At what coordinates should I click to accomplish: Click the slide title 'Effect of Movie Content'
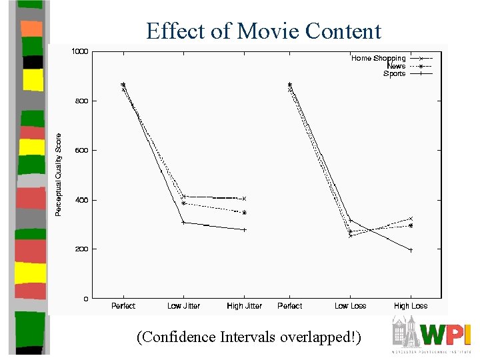[263, 31]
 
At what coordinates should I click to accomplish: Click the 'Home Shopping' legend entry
[378, 59]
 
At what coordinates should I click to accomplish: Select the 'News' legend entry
[396, 66]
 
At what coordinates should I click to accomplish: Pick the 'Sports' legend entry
[394, 73]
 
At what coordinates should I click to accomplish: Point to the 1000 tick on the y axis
[80, 51]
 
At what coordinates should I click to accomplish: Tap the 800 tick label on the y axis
[81, 101]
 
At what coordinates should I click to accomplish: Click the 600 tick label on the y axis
[81, 150]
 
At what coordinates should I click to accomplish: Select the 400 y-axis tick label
[81, 200]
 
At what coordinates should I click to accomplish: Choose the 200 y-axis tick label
[81, 249]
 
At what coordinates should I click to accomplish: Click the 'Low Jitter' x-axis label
[183, 306]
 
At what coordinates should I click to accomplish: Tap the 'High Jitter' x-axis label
[244, 306]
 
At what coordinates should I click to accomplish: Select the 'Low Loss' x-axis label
[350, 306]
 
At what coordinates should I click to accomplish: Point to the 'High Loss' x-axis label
[411, 306]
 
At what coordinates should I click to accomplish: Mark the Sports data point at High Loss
[411, 250]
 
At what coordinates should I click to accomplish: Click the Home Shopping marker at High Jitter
[244, 199]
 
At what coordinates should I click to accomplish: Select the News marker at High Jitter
[244, 213]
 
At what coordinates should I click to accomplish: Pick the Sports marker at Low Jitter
[183, 223]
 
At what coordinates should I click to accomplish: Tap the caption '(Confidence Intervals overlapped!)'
[249, 337]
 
